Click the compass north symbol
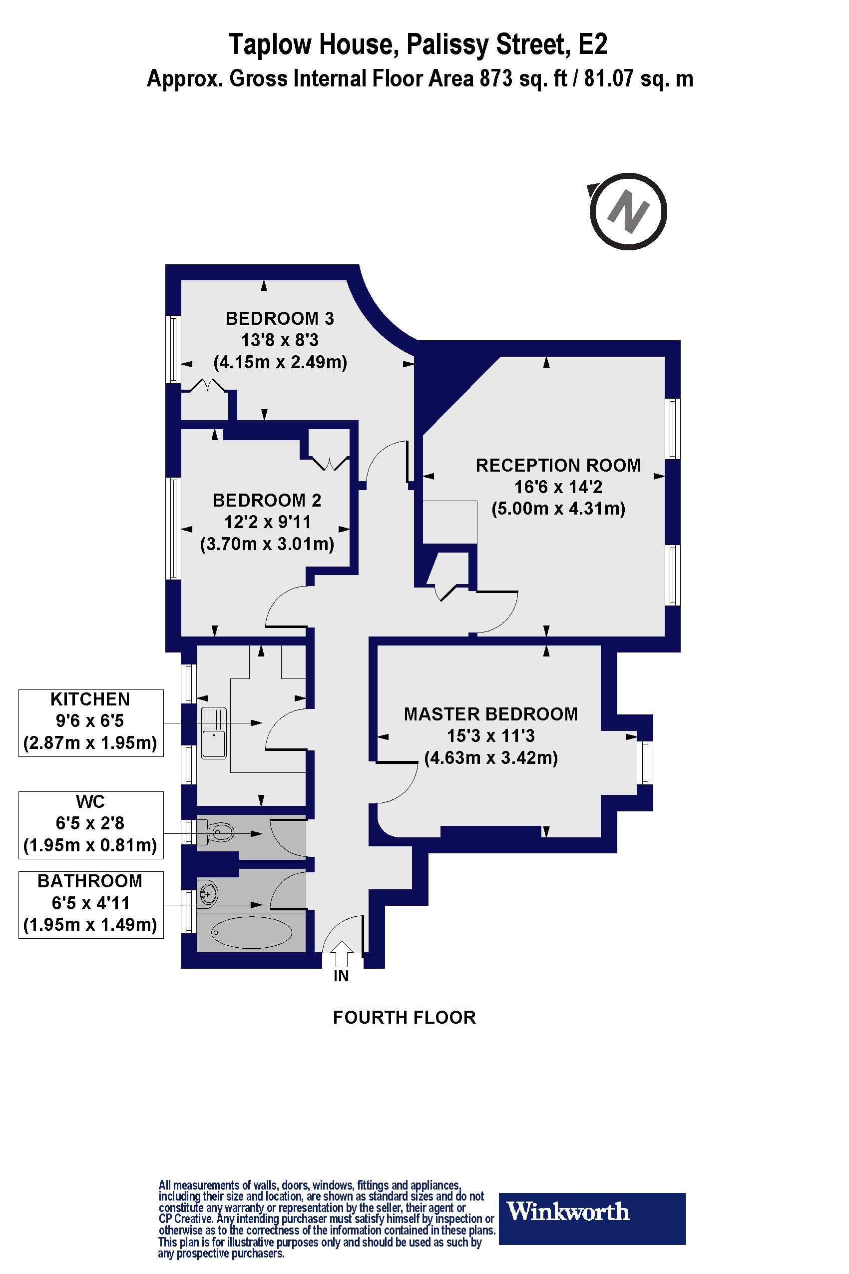pos(628,211)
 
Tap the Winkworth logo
pos(592,1212)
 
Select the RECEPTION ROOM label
pos(558,465)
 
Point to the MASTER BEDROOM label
pos(490,714)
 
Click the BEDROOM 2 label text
pos(267,500)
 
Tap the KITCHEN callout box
pos(90,722)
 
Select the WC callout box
pos(90,824)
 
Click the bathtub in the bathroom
pos(251,932)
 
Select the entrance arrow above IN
pos(341,953)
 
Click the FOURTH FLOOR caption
pos(404,1018)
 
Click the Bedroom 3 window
pos(173,349)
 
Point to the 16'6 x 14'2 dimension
pos(558,487)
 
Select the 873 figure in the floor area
pos(495,79)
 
